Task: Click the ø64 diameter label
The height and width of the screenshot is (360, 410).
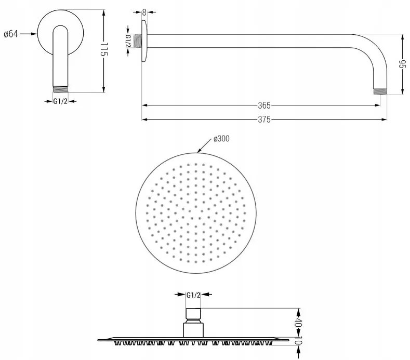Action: coord(11,34)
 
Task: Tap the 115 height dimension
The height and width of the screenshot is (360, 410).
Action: coord(104,50)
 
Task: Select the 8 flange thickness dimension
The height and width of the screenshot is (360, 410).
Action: coord(144,12)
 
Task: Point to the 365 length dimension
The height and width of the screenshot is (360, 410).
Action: coord(264,105)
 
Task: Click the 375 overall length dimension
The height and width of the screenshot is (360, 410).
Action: coord(264,119)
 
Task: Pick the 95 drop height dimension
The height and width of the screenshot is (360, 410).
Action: coord(402,64)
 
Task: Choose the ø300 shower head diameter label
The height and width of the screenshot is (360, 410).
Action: coord(221,139)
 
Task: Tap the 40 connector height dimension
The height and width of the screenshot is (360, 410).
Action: coord(299,323)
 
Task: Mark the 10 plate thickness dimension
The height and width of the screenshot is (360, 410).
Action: coord(299,341)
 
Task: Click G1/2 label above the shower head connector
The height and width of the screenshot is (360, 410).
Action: coord(193,295)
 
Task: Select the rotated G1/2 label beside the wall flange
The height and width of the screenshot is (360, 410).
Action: coord(128,41)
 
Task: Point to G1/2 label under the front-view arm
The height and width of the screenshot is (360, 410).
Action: coord(60,101)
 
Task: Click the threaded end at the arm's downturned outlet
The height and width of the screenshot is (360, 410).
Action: coord(380,91)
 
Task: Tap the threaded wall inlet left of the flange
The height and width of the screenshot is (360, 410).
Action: coord(138,41)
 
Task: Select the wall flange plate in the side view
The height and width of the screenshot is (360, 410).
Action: coord(144,41)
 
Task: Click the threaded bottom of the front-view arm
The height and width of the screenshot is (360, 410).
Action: coord(60,89)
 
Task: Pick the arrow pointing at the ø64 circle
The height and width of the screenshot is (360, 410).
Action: coord(28,34)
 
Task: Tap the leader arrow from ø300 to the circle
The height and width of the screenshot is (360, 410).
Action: coord(204,145)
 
